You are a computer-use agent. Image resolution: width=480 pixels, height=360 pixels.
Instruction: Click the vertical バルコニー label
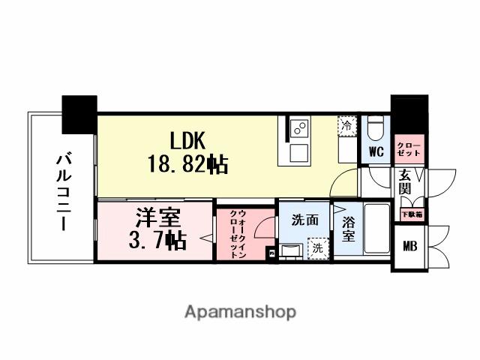[x=62, y=191]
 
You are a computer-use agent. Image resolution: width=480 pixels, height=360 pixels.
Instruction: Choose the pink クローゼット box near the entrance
[x=409, y=148]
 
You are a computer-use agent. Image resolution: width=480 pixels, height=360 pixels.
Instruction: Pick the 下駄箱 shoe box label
[x=409, y=213]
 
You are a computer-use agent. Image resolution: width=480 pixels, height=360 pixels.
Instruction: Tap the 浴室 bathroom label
[x=349, y=229]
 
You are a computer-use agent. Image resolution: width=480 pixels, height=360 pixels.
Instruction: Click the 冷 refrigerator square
[x=347, y=124]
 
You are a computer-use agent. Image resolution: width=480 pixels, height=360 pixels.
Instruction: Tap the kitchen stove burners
[x=301, y=127]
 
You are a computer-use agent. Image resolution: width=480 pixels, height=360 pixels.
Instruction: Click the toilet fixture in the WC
[x=376, y=127]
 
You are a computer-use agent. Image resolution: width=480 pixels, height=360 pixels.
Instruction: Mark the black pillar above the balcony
[x=79, y=114]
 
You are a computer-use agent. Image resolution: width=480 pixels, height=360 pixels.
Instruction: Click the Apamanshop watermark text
[x=240, y=311]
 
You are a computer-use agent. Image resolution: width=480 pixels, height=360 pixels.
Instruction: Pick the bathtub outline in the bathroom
[x=374, y=229]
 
